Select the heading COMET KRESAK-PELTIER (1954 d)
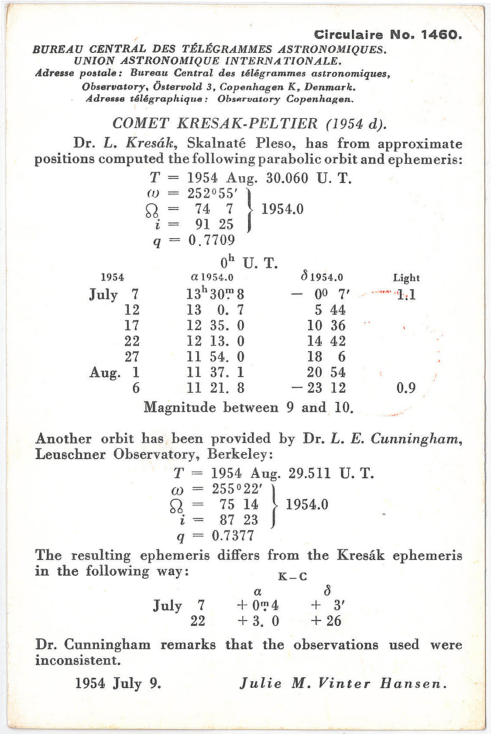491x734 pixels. pos(249,123)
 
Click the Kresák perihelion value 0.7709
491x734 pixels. pos(212,240)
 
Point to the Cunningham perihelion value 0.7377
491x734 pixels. pos(233,535)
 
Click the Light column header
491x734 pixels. pos(406,278)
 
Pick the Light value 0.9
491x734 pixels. pos(406,388)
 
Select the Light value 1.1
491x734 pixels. pos(406,295)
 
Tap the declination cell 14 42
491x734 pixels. pos(326,341)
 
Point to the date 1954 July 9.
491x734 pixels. pos(118,683)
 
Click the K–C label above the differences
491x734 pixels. pos(292,577)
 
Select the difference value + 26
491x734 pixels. pos(326,621)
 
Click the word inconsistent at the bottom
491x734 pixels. pos(78,660)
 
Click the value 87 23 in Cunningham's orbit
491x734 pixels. pos(239,520)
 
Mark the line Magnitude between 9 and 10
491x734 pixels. pos(248,408)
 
